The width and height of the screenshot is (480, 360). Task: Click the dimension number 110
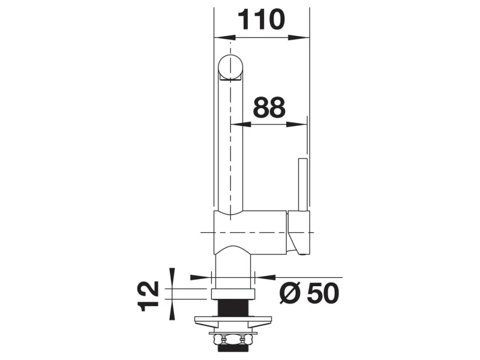pyautogui.click(x=261, y=20)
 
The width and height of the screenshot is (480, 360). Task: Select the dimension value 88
pyautogui.click(x=269, y=107)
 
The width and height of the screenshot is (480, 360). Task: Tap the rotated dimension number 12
pyautogui.click(x=148, y=296)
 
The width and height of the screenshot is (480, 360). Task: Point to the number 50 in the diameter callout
pyautogui.click(x=323, y=293)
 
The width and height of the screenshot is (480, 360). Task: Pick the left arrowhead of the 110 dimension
pyautogui.click(x=224, y=38)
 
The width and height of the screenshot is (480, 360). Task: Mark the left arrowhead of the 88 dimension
pyautogui.click(x=241, y=125)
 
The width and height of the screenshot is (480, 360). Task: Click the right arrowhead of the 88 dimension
pyautogui.click(x=296, y=125)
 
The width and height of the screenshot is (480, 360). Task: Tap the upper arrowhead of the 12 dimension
pyautogui.click(x=172, y=278)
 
